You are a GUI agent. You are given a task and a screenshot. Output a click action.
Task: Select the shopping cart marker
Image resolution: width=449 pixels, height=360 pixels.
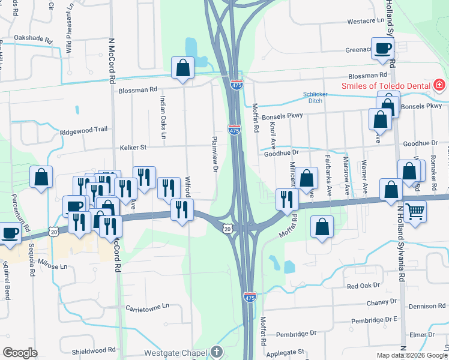pos(415,212)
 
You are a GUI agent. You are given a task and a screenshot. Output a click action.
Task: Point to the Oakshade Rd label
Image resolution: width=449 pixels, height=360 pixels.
pos(37,38)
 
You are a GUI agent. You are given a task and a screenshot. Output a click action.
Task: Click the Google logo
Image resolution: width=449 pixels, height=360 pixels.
pos(20,353)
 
